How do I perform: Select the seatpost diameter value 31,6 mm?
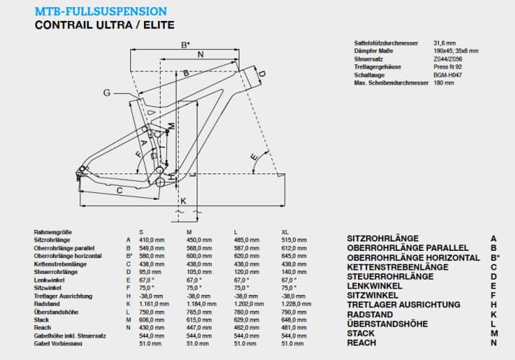coord(443,43)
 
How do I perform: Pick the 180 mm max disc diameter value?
coord(443,83)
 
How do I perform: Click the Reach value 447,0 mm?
coord(199,327)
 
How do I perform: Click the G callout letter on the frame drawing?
coord(107,93)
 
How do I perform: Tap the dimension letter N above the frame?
coord(200,55)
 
